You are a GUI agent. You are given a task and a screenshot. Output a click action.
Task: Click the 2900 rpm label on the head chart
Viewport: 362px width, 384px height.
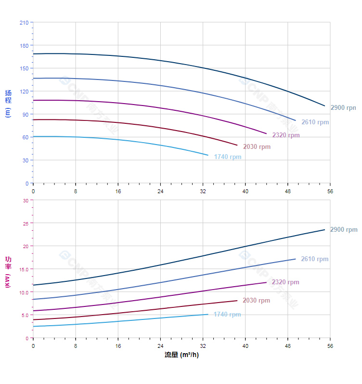coord(343,107)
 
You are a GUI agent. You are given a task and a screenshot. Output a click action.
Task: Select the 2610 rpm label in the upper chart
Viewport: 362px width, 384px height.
coord(315,122)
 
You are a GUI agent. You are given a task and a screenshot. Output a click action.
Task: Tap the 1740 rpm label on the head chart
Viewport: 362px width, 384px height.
coord(228,157)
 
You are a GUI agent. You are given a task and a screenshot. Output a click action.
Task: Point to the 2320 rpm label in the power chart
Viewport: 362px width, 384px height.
coord(285,282)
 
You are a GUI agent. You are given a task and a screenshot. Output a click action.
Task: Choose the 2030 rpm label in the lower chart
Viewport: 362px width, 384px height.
coord(256,300)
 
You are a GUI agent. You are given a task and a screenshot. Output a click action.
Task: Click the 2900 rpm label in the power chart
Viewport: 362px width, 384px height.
coord(344,229)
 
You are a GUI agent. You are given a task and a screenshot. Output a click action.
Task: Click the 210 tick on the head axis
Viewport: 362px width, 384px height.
coord(24,23)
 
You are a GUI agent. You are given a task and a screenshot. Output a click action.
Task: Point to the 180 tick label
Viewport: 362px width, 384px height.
coord(24,45)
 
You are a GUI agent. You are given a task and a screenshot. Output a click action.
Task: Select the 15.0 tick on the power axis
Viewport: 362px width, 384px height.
coord(24,269)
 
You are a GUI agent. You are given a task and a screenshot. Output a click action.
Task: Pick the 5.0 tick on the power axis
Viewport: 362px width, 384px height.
coord(25,315)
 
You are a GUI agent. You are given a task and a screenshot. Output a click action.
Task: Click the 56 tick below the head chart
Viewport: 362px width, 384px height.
coord(330,191)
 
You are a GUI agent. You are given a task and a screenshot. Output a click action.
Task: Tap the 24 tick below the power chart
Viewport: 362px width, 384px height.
coord(160,346)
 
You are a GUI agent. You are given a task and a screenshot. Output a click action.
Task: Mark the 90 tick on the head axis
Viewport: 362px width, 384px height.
coord(25,114)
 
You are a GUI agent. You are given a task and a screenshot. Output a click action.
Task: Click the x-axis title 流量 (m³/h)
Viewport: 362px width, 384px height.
coord(181,355)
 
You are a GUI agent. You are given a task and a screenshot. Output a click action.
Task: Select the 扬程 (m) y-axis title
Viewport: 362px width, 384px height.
coord(8,103)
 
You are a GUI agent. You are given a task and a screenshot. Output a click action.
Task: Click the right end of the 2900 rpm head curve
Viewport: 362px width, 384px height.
coord(325,106)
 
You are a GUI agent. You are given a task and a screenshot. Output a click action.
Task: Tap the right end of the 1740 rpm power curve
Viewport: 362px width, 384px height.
coord(208,314)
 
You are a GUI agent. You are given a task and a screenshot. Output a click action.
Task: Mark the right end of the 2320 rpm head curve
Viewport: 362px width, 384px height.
coord(266,133)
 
